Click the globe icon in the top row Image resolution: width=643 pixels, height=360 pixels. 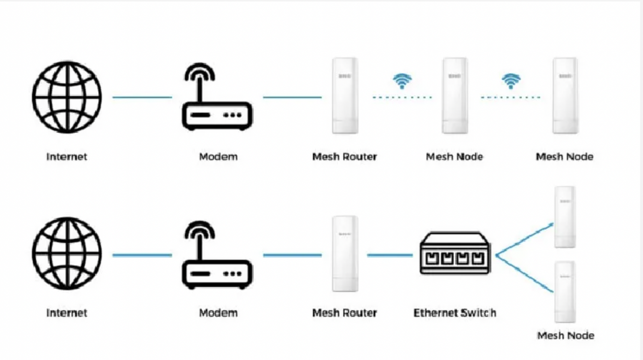pos(67,97)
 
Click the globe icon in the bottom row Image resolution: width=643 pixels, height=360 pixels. pos(67,254)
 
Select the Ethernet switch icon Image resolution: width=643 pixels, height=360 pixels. pos(455,253)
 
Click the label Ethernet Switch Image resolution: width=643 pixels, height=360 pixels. pos(455,313)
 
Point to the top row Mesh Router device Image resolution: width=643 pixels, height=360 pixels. pos(345,96)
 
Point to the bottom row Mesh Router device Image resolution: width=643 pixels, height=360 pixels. pos(345,254)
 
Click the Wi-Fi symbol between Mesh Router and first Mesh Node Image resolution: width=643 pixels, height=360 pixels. pos(402,81)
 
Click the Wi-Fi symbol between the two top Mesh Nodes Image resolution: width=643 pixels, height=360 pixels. pos(511,81)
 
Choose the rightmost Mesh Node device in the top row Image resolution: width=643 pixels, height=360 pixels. pos(565,96)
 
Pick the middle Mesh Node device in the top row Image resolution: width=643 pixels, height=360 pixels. pos(455,96)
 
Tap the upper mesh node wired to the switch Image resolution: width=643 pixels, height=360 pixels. pos(565,217)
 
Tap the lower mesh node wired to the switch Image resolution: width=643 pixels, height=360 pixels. pos(565,292)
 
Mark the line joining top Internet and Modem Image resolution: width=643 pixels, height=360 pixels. pos(142,97)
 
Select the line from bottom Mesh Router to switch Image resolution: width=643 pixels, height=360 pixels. pos(390,255)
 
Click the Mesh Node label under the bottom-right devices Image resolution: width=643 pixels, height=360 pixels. pos(565,335)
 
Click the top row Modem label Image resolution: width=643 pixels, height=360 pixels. pos(218,156)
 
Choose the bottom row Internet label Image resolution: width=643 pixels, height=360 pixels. pos(66,313)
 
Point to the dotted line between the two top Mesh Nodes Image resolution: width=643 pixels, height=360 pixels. pos(511,97)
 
